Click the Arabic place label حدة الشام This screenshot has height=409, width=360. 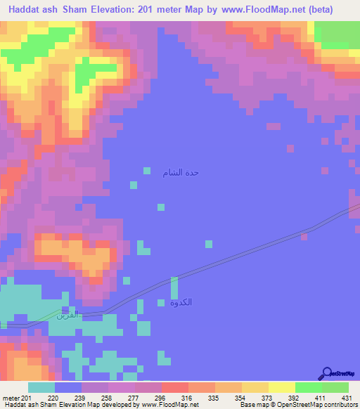pyautogui.click(x=181, y=172)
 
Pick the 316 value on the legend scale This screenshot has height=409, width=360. pyautogui.click(x=185, y=398)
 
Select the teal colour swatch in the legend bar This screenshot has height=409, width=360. pyautogui.click(x=41, y=387)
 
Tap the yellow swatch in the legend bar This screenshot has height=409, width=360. pyautogui.click(x=281, y=387)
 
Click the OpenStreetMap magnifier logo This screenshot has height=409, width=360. pyautogui.click(x=327, y=372)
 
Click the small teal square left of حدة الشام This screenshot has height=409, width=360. pyautogui.click(x=147, y=171)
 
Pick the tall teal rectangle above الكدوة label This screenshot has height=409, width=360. pyautogui.click(x=174, y=287)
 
